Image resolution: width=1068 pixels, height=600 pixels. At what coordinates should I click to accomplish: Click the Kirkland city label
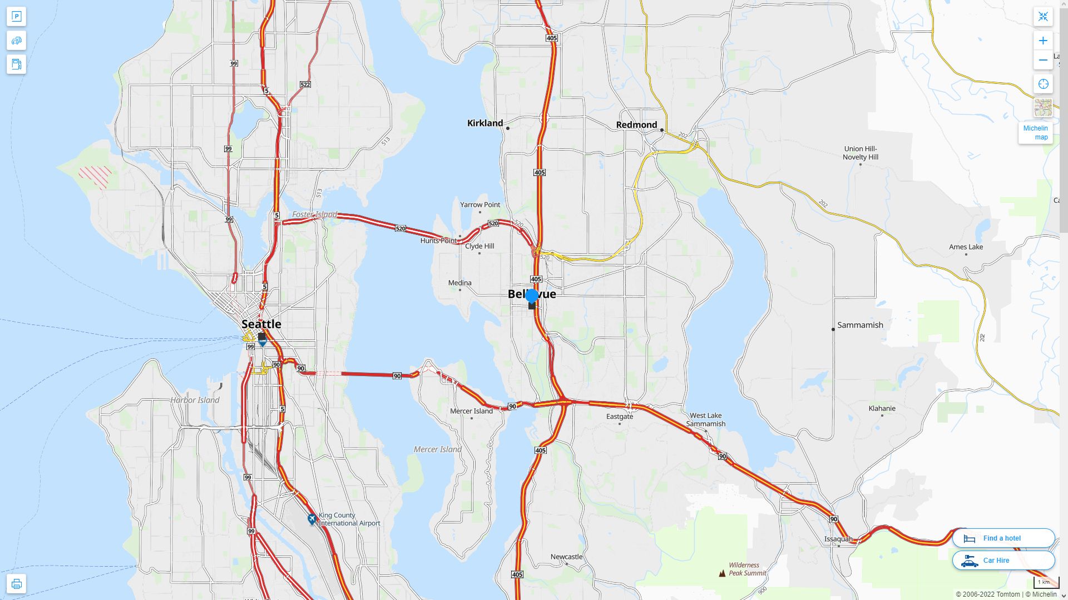pyautogui.click(x=484, y=123)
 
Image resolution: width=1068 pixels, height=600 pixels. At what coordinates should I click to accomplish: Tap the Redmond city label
pyautogui.click(x=636, y=125)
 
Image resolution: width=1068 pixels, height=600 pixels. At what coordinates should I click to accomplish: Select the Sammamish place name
pyautogui.click(x=859, y=325)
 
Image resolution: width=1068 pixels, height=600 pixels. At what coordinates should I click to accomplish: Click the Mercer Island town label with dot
pyautogui.click(x=471, y=411)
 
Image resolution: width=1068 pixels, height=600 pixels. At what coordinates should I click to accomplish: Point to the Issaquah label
pyautogui.click(x=838, y=539)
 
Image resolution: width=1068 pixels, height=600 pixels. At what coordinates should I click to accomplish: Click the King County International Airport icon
pyautogui.click(x=312, y=519)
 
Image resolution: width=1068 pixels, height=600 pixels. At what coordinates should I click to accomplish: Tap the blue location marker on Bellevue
pyautogui.click(x=532, y=296)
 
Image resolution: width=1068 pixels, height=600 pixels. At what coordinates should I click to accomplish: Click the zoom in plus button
pyautogui.click(x=1043, y=41)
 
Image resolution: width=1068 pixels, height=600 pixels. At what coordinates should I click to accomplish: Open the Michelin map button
pyautogui.click(x=1035, y=133)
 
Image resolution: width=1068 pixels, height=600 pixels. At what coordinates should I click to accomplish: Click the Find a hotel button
pyautogui.click(x=1003, y=538)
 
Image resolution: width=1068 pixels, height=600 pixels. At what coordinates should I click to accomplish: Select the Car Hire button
pyautogui.click(x=1003, y=560)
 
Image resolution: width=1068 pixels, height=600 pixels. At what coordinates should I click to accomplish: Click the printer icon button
pyautogui.click(x=16, y=584)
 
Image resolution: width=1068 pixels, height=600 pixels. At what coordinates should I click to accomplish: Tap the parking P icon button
pyautogui.click(x=16, y=17)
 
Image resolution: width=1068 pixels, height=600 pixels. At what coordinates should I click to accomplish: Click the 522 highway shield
pyautogui.click(x=305, y=84)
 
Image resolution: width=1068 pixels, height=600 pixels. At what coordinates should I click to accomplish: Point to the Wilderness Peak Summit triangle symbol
pyautogui.click(x=722, y=573)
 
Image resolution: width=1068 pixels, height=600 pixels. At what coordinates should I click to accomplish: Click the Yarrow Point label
pyautogui.click(x=480, y=204)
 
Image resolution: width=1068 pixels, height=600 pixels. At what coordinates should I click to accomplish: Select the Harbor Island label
pyautogui.click(x=195, y=400)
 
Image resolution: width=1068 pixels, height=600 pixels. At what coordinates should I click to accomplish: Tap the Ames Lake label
pyautogui.click(x=966, y=247)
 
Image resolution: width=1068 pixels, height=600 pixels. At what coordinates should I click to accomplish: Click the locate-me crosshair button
pyautogui.click(x=1043, y=84)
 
